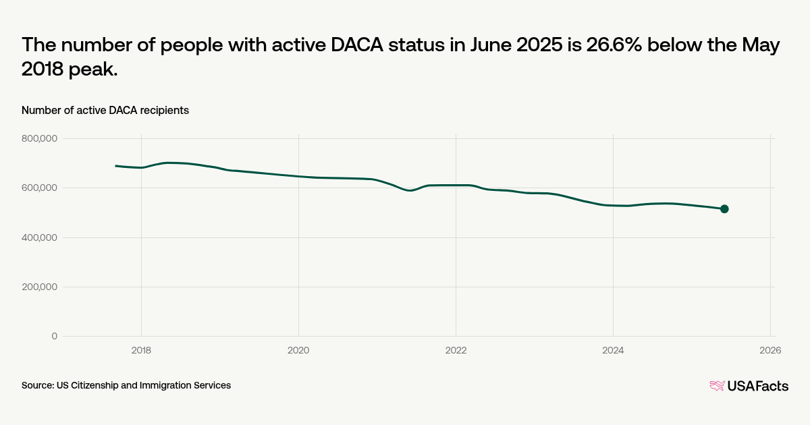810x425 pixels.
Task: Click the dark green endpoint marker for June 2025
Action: [724, 209]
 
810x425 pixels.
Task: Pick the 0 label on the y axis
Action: [55, 336]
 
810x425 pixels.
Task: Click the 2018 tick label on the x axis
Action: [141, 350]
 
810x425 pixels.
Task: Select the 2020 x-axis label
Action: [298, 350]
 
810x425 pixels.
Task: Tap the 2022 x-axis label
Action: [456, 350]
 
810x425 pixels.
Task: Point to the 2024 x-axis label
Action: [613, 350]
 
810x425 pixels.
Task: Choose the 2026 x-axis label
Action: [770, 350]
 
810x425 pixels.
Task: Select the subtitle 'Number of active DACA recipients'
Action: [105, 110]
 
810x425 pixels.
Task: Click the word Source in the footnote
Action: [37, 385]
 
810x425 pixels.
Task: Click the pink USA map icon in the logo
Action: [717, 386]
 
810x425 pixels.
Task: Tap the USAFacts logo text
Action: [757, 386]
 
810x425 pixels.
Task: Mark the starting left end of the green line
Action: [116, 166]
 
